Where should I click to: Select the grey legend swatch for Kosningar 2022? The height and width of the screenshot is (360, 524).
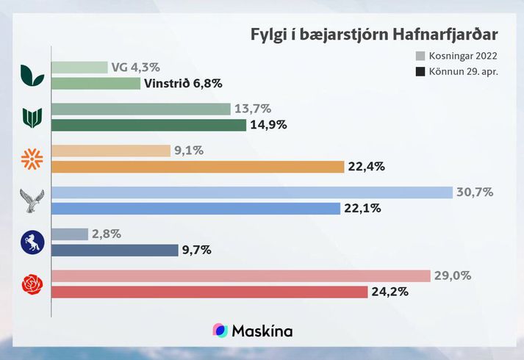click(420, 56)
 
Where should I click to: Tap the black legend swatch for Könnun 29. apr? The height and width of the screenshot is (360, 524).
click(420, 72)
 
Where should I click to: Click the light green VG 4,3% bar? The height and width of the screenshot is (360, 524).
click(80, 68)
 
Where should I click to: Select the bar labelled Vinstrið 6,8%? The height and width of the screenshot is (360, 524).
click(96, 83)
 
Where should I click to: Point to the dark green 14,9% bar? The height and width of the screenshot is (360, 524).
click(149, 125)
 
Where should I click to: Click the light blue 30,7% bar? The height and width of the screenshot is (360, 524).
click(252, 192)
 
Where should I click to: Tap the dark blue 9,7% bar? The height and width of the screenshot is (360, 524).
click(115, 250)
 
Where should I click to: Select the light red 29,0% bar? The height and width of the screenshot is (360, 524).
click(241, 276)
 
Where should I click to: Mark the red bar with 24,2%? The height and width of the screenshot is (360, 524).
click(209, 292)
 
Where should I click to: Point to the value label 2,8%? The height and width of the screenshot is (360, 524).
click(107, 234)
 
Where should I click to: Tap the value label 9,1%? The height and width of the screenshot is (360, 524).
click(190, 151)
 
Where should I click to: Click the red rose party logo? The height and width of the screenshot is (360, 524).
click(33, 284)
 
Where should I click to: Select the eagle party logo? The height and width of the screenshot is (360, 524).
click(33, 201)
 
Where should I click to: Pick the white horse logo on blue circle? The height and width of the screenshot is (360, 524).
click(33, 242)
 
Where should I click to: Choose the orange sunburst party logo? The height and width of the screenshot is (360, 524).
click(33, 159)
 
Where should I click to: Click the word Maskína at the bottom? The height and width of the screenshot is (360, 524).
click(262, 331)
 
